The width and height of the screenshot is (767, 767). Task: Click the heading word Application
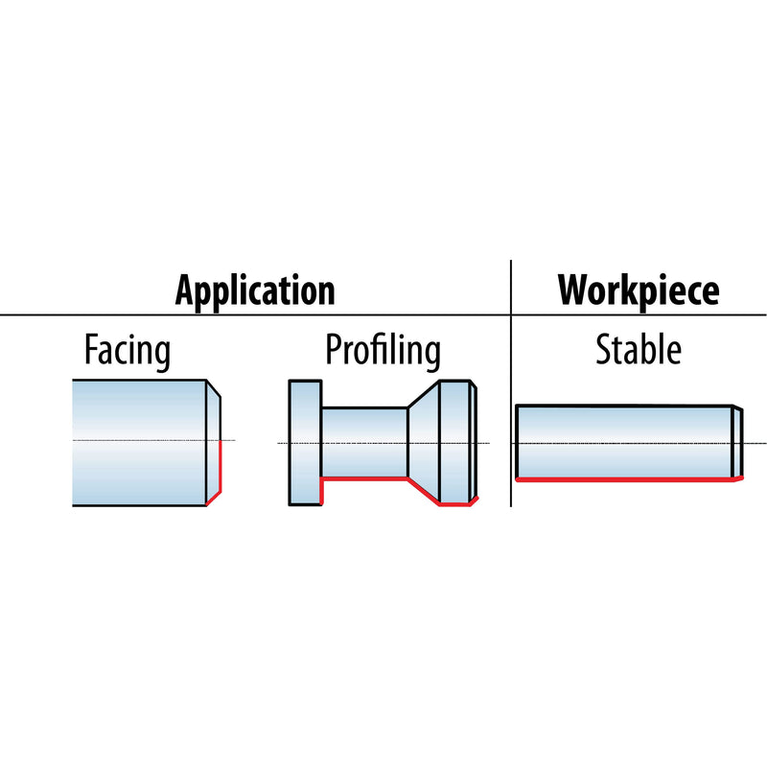[x=255, y=291]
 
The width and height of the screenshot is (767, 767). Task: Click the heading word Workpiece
[x=639, y=290]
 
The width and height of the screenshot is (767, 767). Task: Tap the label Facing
[x=128, y=350]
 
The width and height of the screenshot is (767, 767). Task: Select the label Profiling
[x=383, y=350]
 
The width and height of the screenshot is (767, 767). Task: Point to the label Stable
[x=639, y=349]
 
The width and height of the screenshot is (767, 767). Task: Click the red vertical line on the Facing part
[x=221, y=467]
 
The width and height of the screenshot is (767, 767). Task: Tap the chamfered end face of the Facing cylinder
[x=213, y=443]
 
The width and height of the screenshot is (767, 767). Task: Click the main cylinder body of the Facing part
[x=139, y=443]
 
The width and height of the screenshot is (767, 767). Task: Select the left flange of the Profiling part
[x=305, y=443]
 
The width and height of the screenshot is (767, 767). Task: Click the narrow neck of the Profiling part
[x=364, y=443]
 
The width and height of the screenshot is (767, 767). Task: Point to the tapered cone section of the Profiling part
[x=424, y=443]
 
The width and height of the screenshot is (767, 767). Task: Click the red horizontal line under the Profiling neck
[x=364, y=478]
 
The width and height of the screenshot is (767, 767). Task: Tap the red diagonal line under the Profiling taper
[x=424, y=491]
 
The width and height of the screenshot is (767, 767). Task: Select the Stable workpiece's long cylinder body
[x=625, y=442]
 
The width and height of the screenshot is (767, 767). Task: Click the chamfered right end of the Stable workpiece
[x=737, y=442]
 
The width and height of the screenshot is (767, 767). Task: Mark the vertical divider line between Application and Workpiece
[x=511, y=383]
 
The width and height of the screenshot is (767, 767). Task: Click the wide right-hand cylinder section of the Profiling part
[x=454, y=443]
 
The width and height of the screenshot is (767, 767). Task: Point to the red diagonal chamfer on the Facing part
[x=214, y=499]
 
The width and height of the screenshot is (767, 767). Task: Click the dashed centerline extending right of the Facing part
[x=228, y=440]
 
